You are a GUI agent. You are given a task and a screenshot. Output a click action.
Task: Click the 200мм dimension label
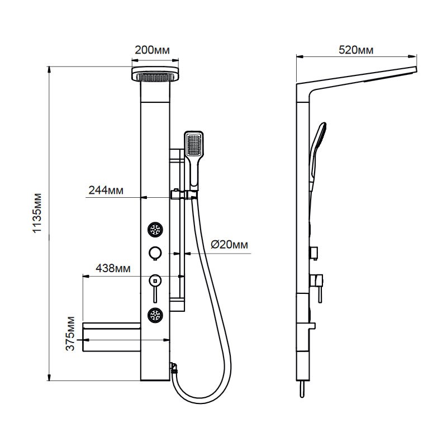152,50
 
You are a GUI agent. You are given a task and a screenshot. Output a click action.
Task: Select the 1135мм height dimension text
37,213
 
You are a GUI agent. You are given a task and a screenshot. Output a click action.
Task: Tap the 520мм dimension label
356,50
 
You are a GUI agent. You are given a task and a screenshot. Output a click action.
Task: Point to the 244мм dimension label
106,190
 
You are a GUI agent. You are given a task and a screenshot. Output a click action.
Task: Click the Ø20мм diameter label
229,245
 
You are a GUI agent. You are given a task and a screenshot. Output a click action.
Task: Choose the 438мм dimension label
113,268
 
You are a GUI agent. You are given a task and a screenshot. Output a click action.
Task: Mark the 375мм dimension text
70,333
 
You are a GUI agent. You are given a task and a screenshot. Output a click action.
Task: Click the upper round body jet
155,229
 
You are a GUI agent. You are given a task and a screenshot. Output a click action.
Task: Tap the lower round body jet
155,315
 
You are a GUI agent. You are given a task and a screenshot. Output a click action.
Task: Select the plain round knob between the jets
155,253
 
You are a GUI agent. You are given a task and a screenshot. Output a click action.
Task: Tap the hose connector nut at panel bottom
174,368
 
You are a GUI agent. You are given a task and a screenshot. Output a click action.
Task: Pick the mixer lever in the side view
317,288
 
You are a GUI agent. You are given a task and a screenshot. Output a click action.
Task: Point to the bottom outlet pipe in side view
302,389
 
